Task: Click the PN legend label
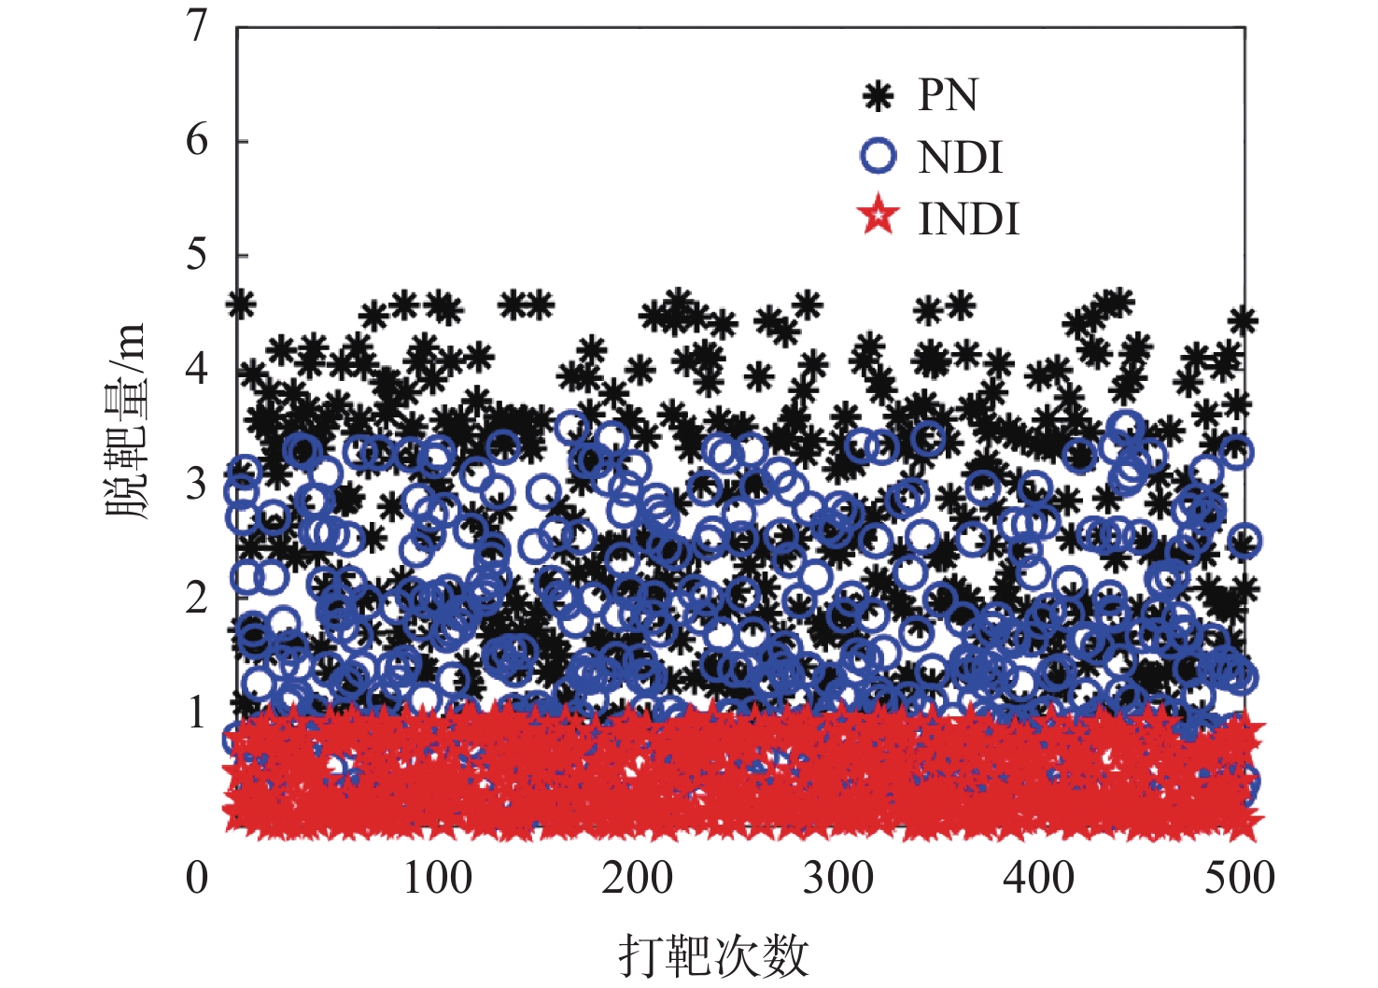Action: pyautogui.click(x=948, y=95)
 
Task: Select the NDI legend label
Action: pyautogui.click(x=960, y=158)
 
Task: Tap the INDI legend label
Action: pyautogui.click(x=968, y=219)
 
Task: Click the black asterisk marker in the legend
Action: pyautogui.click(x=878, y=95)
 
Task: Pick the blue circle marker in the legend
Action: pyautogui.click(x=878, y=156)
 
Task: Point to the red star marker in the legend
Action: pyautogui.click(x=878, y=217)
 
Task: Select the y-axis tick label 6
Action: pyautogui.click(x=196, y=140)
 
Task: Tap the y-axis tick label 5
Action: pyautogui.click(x=196, y=255)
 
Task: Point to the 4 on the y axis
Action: pyautogui.click(x=196, y=369)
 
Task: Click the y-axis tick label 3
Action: pyautogui.click(x=196, y=484)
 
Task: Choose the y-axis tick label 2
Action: pyautogui.click(x=196, y=598)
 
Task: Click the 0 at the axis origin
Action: pyautogui.click(x=196, y=878)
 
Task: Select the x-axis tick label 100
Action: pyautogui.click(x=437, y=878)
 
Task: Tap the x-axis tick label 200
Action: pyautogui.click(x=638, y=878)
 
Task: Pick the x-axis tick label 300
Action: pyautogui.click(x=838, y=878)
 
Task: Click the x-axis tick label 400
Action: pyautogui.click(x=1039, y=878)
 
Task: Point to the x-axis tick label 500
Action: pyautogui.click(x=1239, y=878)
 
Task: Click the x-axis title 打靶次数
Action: pyautogui.click(x=713, y=955)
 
